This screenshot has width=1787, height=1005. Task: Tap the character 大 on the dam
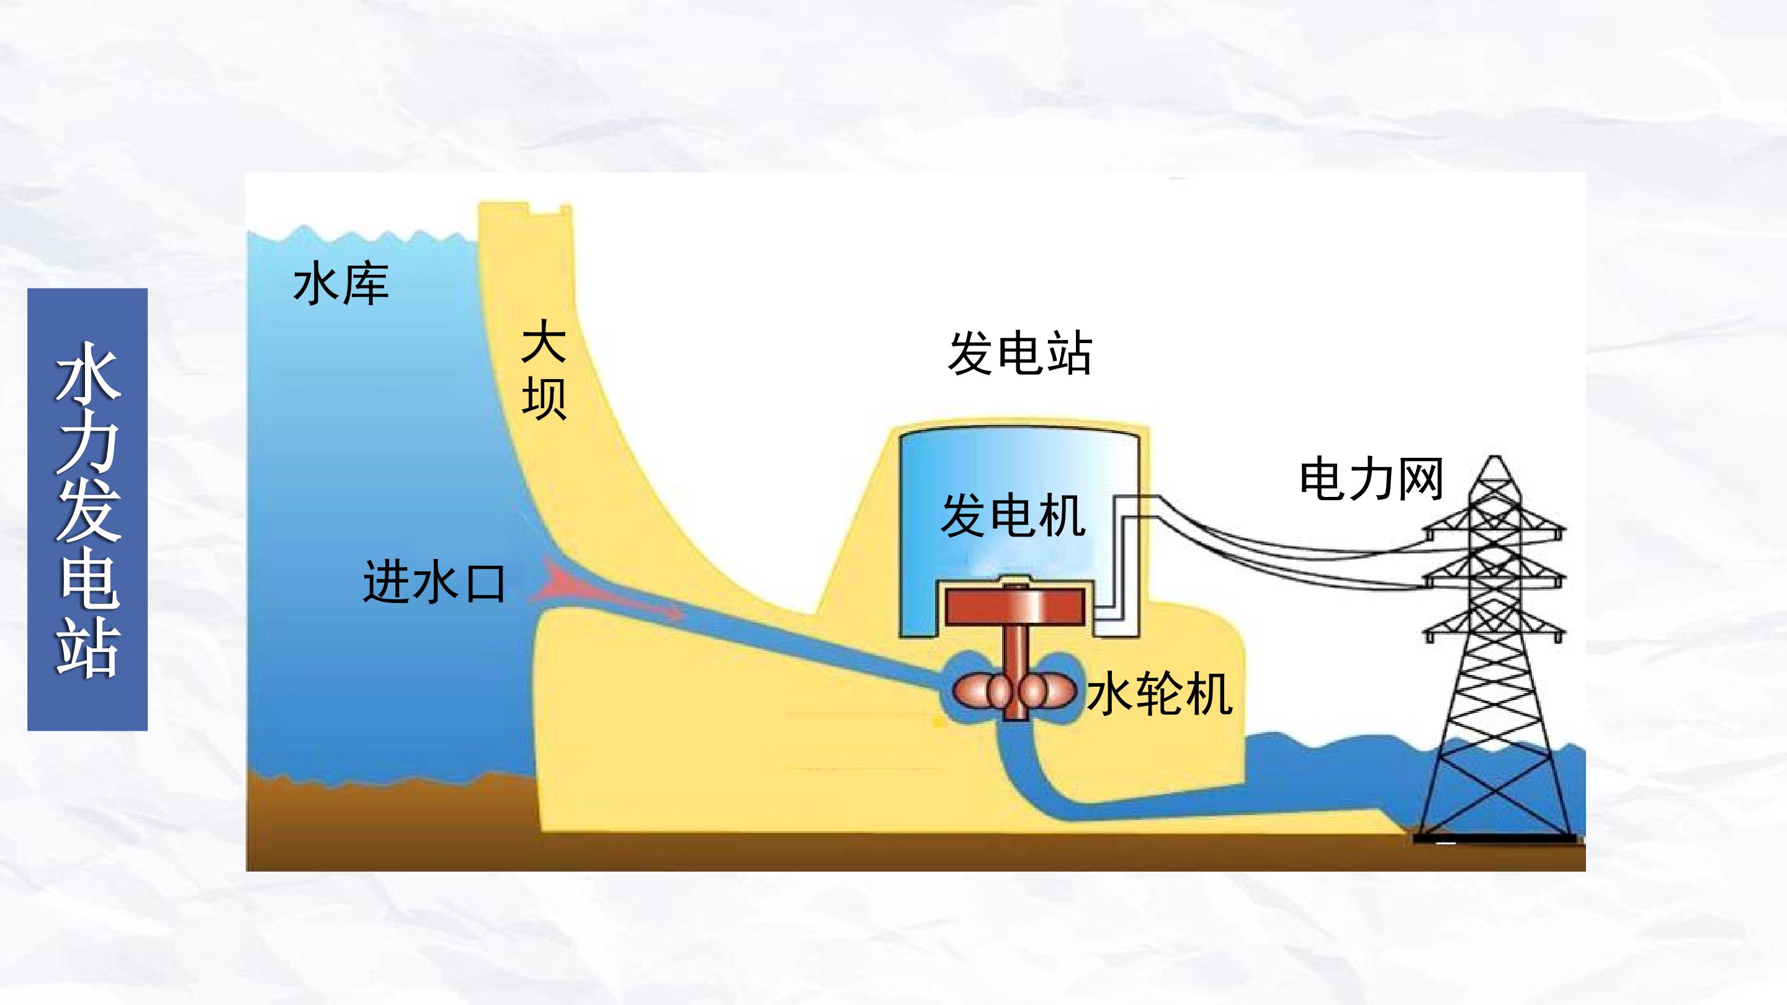pyautogui.click(x=545, y=341)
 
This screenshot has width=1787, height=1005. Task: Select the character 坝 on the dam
pyautogui.click(x=545, y=398)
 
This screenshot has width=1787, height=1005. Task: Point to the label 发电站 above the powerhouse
pyautogui.click(x=1019, y=353)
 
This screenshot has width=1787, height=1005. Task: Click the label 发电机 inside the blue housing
pyautogui.click(x=1013, y=516)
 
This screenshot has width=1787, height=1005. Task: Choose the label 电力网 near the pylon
pyautogui.click(x=1371, y=478)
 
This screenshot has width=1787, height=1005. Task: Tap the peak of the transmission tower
pyautogui.click(x=1495, y=458)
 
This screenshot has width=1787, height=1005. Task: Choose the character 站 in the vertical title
pyautogui.click(x=87, y=645)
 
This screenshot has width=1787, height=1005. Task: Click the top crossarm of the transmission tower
pyautogui.click(x=1495, y=533)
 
